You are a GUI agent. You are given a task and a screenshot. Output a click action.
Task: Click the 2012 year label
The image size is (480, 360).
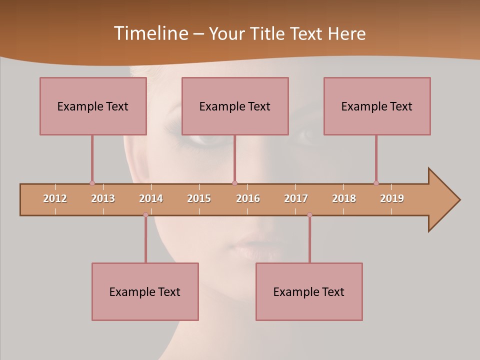[x=55, y=198]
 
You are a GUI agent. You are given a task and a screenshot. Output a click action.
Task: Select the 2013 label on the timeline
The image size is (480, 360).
[x=103, y=198]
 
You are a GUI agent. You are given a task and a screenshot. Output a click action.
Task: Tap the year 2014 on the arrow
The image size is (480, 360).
[x=151, y=198]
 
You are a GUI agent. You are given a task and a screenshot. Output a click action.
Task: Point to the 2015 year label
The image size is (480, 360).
[x=199, y=198]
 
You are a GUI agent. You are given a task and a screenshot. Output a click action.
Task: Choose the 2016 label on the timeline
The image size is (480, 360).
[x=248, y=198]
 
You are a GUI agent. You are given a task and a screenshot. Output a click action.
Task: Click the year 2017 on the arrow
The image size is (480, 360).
[x=296, y=198]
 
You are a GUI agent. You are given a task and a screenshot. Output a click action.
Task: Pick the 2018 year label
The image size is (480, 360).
[x=344, y=198]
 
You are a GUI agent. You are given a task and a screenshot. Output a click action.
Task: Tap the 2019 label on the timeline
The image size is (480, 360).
[x=392, y=198]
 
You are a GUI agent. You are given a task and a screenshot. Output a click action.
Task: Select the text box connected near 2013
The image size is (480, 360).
[x=93, y=106]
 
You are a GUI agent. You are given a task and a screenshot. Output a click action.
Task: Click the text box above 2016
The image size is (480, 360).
[x=235, y=106]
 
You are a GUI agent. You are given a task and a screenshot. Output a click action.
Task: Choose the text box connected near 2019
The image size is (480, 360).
[x=377, y=106]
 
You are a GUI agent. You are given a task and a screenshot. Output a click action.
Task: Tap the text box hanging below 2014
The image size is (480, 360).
[x=145, y=291]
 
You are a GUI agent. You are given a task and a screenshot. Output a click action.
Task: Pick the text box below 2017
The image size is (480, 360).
[x=309, y=291]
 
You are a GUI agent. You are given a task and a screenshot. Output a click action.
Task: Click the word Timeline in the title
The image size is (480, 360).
[x=150, y=33]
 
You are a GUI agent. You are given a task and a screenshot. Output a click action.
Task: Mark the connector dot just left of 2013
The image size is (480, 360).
[x=92, y=183]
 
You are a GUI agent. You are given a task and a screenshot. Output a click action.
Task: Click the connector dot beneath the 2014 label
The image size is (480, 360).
[x=145, y=215]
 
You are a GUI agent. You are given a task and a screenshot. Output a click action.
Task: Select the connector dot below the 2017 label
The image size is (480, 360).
[x=309, y=215]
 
